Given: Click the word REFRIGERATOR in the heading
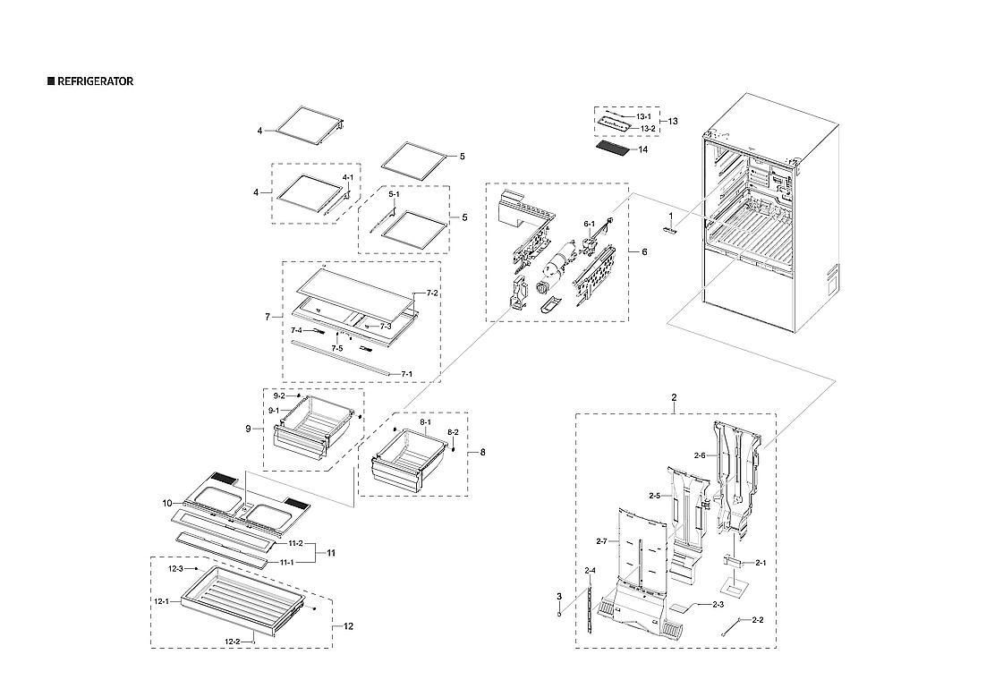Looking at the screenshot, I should pos(96,81).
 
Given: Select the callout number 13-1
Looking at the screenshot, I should pos(645,117).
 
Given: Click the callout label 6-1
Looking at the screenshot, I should pos(589,224).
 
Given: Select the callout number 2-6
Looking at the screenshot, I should pos(700,455).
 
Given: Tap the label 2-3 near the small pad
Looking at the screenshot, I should pos(717,606).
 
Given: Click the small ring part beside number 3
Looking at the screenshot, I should pos(559,614).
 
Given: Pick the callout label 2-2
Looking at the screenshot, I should pos(757,619).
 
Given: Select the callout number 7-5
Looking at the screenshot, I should pos(337,347).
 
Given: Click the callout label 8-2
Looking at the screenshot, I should pos(453,432).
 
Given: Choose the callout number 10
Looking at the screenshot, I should pos(167,503).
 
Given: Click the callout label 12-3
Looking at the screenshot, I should pos(175,569).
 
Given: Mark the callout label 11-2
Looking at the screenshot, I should pos(295,544).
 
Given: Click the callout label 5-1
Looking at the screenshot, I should pos(393,194).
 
